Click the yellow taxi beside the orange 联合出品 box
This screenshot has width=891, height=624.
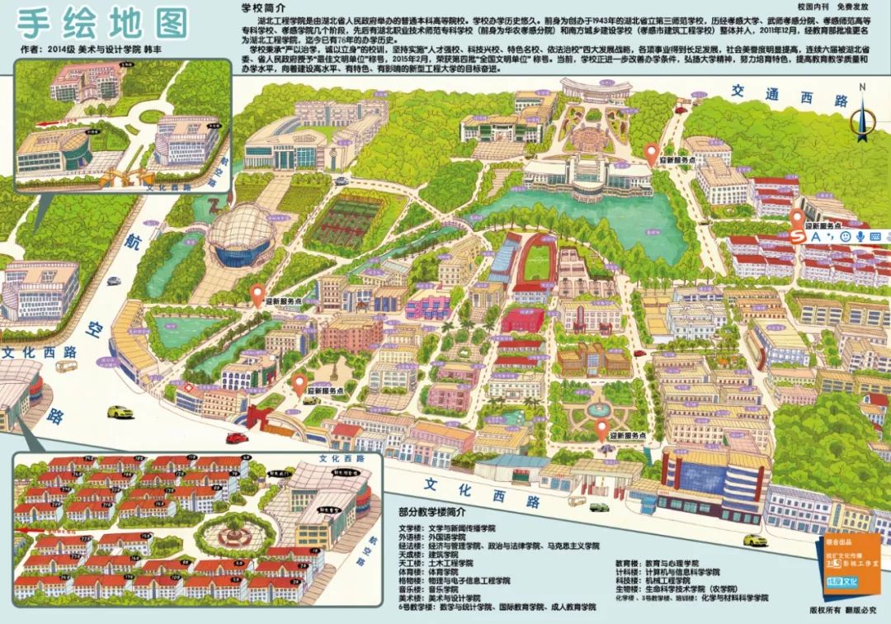[x=752, y=541]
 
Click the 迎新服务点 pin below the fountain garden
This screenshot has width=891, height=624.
[x=602, y=429]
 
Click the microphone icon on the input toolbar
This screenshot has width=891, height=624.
[x=860, y=237]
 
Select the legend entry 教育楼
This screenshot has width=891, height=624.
[x=628, y=560]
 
